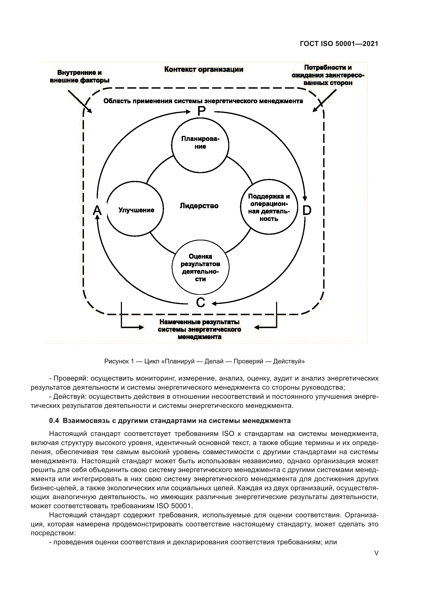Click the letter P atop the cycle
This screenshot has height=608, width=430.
pyautogui.click(x=201, y=111)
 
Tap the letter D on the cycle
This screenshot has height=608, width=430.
pyautogui.click(x=307, y=211)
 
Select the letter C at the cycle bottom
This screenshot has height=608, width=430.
pyautogui.click(x=200, y=302)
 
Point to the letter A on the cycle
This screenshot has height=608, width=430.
pyautogui.click(x=97, y=211)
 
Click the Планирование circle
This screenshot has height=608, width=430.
pyautogui.click(x=200, y=145)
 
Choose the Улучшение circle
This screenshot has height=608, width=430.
pyautogui.click(x=135, y=209)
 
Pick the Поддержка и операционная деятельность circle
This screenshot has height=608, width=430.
pyautogui.click(x=269, y=207)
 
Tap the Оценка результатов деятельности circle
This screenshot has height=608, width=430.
pyautogui.click(x=200, y=267)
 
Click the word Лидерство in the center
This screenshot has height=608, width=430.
pyautogui.click(x=199, y=206)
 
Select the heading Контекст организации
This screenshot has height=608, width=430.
pyautogui.click(x=204, y=69)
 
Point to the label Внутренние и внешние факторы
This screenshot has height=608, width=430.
pyautogui.click(x=80, y=76)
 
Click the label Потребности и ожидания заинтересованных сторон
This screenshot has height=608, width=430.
pyautogui.click(x=328, y=75)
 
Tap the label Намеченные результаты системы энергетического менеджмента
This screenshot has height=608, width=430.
pyautogui.click(x=199, y=329)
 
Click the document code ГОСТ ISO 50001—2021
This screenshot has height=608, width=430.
pyautogui.click(x=339, y=44)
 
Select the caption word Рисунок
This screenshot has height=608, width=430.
pyautogui.click(x=116, y=361)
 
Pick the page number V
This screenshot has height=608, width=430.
pyautogui.click(x=376, y=553)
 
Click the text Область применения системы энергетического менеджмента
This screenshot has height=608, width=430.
pyautogui.click(x=203, y=101)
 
